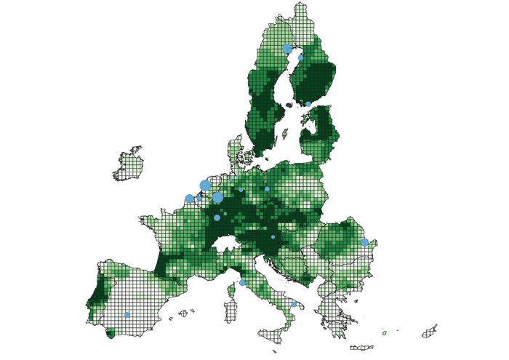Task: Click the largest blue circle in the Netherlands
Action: pos(204,185)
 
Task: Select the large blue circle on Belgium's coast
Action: pos(190,199)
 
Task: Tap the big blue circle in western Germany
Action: pos(217,197)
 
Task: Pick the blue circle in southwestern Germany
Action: pos(217,217)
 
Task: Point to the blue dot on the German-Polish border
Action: pos(267,189)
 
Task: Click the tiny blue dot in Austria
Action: pos(273,237)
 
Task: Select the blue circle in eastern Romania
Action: pos(364,242)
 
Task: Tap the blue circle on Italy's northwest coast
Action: pos(242,283)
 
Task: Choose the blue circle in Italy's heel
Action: pos(294,305)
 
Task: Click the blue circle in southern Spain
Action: pos(127,315)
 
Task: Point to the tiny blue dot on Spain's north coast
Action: pos(124,265)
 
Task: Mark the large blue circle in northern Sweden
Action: pos(287,49)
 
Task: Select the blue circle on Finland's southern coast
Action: pos(308,104)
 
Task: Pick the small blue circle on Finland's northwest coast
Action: pos(300,57)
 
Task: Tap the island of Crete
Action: pos(361,348)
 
